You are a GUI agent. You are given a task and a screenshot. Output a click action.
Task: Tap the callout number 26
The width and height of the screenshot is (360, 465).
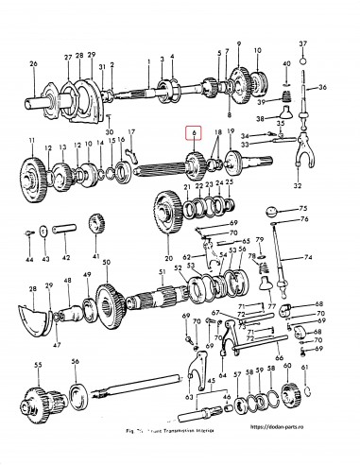tap(32, 64)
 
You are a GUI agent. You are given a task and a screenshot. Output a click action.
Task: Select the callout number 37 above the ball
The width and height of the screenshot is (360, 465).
tap(303, 44)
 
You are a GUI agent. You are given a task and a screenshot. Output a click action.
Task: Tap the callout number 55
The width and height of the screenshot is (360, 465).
tap(38, 364)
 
